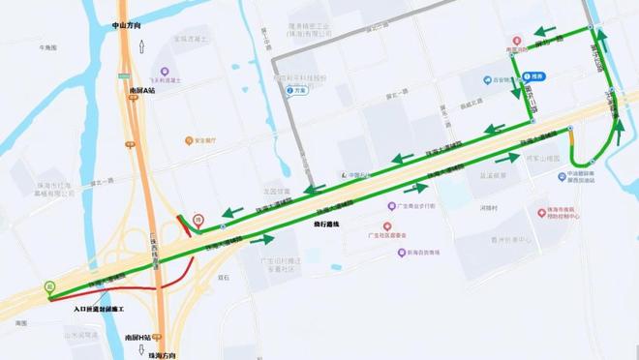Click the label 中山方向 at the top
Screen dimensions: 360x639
coord(126,26)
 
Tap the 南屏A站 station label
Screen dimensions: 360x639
coord(141,89)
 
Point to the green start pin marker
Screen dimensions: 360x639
coord(48,286)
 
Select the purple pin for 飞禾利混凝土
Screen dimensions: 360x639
coord(166,71)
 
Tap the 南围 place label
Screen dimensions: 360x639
coord(21,320)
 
